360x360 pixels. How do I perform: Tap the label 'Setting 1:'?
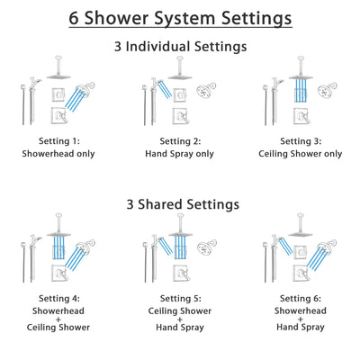point(60,141)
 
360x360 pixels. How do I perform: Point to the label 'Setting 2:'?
point(180,141)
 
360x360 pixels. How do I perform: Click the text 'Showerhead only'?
point(60,154)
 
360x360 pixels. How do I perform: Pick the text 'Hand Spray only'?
point(180,154)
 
